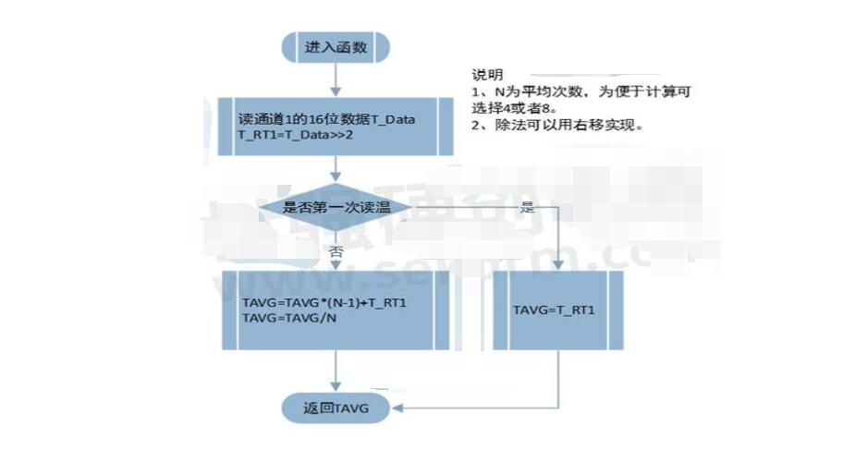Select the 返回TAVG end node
pyautogui.click(x=336, y=408)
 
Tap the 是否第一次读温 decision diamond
pyautogui.click(x=335, y=206)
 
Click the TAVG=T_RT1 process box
pyautogui.click(x=557, y=310)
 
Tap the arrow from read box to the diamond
pyautogui.click(x=336, y=169)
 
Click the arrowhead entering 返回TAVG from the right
pyautogui.click(x=396, y=408)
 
